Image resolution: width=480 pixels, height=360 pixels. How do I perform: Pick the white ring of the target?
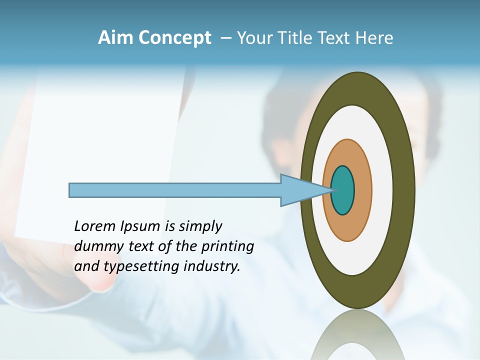[x=382, y=190]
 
